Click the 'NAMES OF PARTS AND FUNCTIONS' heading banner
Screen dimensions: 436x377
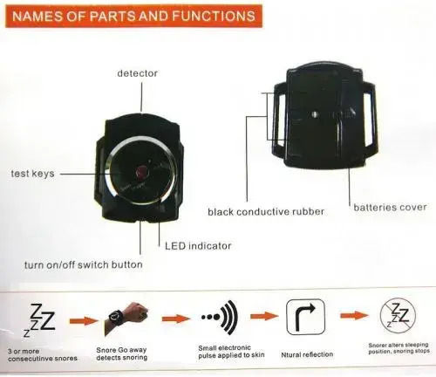133,16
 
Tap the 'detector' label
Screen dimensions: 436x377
137,73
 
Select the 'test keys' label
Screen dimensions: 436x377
32,174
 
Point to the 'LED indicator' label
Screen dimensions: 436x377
198,246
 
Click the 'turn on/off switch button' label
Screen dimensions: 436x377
84,264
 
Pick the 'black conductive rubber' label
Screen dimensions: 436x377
266,211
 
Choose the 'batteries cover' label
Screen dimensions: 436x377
390,208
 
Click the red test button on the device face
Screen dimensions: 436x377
142,171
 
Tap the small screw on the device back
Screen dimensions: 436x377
315,114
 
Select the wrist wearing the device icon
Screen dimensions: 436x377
126,317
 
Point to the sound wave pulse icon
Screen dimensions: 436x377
220,318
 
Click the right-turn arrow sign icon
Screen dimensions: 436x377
305,317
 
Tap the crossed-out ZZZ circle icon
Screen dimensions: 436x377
398,316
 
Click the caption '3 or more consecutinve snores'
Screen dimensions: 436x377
43,355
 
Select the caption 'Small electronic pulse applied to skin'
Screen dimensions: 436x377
231,352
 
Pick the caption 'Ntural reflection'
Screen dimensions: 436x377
307,354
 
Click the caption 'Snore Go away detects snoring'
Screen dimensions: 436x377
122,353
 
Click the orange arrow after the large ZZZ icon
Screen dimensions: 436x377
84,321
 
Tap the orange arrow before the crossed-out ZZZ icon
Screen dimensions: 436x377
354,315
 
